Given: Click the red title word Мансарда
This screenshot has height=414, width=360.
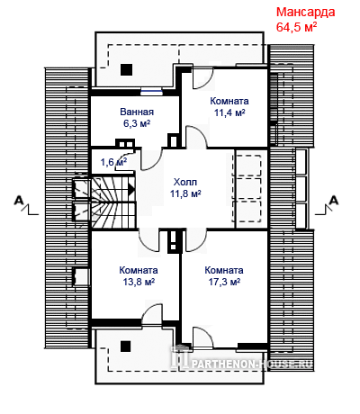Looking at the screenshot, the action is pyautogui.click(x=305, y=13).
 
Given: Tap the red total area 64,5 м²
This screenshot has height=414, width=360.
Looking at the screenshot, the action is pyautogui.click(x=296, y=27).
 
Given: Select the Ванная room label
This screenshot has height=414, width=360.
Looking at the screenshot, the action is pyautogui.click(x=137, y=112).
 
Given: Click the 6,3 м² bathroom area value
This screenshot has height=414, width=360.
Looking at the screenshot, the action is pyautogui.click(x=137, y=123).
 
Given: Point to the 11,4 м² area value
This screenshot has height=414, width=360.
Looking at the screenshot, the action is pyautogui.click(x=229, y=112).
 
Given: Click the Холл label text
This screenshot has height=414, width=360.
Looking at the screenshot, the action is pyautogui.click(x=185, y=182).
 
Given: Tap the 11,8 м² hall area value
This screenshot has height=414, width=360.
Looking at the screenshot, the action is pyautogui.click(x=185, y=193).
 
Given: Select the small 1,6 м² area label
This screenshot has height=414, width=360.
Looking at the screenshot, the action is pyautogui.click(x=113, y=162).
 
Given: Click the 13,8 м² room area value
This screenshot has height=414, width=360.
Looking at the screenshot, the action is pyautogui.click(x=139, y=282).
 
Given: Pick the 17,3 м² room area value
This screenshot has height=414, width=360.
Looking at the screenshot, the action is pyautogui.click(x=224, y=282).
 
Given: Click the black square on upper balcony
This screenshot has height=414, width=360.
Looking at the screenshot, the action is pyautogui.click(x=126, y=69).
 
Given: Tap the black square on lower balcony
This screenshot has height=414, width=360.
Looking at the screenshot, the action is pyautogui.click(x=126, y=346).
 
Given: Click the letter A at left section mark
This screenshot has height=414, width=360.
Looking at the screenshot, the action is pyautogui.click(x=19, y=200).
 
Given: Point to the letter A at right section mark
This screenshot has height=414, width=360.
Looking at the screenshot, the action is pyautogui.click(x=334, y=200).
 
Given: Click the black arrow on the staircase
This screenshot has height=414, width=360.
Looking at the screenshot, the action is pyautogui.click(x=131, y=189).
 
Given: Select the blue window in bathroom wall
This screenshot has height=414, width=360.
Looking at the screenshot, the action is pyautogui.click(x=152, y=90).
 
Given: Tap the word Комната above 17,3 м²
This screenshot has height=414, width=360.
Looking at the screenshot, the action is pyautogui.click(x=224, y=270).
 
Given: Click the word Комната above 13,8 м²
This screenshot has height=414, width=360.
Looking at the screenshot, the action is pyautogui.click(x=139, y=270).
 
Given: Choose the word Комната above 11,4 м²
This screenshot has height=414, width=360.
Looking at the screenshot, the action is pyautogui.click(x=229, y=101).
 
